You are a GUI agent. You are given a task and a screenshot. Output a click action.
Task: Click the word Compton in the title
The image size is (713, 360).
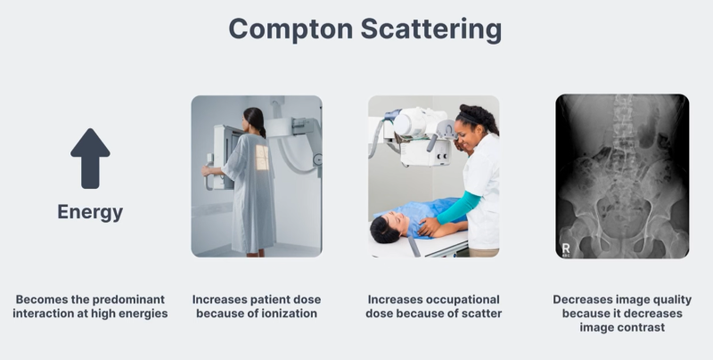[x=291, y=29]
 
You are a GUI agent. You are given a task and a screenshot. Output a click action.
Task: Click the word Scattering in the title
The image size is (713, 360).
[x=431, y=29]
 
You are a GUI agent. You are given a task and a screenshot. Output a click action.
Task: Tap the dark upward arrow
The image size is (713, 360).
[x=90, y=159]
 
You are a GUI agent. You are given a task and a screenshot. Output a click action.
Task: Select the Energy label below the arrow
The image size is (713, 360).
[x=90, y=212]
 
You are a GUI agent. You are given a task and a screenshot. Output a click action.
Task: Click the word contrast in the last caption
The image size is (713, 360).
[x=644, y=327]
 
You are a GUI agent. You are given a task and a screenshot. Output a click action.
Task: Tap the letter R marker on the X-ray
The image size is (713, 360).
[x=566, y=249]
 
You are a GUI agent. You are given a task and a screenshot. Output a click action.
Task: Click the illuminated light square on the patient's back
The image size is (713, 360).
[x=262, y=158]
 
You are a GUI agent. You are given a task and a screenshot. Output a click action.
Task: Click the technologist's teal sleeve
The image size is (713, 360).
[x=459, y=209]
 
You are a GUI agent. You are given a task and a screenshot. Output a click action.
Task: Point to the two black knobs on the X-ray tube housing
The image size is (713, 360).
[x=440, y=156]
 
